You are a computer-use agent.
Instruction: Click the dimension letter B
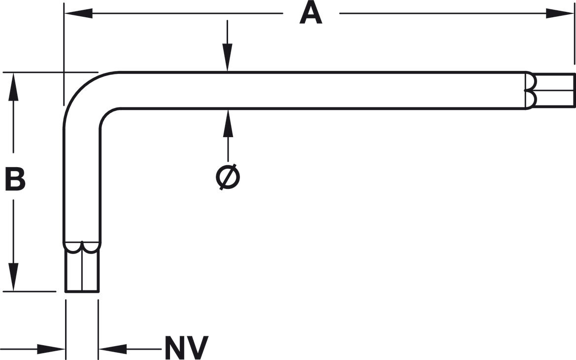pos(15,179)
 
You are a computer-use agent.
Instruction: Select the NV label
pos(186,348)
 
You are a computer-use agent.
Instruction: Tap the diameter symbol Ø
pos(228,177)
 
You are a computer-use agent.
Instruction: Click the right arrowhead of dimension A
pos(560,14)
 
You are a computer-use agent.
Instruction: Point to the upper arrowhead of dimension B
pos(13,87)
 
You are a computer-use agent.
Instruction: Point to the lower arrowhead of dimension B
pos(13,277)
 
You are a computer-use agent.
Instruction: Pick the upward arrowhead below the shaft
pos(228,123)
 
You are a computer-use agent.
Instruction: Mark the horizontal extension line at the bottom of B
pos(30,291)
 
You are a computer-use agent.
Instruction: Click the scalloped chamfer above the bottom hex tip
pos(82,247)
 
